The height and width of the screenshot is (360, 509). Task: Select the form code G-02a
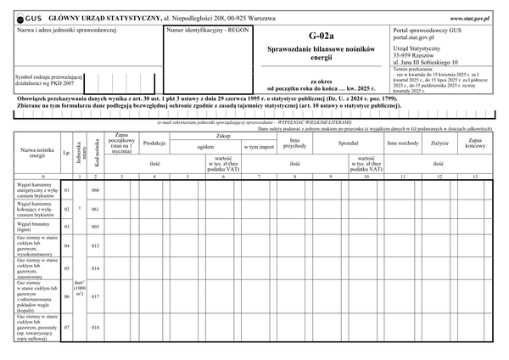[322, 36]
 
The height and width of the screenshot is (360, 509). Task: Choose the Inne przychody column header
[295, 143]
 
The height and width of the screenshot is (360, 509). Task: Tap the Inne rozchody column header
[402, 143]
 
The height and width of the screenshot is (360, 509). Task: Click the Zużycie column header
[439, 143]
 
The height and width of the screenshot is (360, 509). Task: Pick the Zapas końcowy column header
[475, 143]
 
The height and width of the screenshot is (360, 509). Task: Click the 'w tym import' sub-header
[259, 147]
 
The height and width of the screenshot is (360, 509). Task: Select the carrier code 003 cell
[96, 226]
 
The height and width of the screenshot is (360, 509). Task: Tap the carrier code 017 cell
[96, 296]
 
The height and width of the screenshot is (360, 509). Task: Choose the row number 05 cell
[67, 267]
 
